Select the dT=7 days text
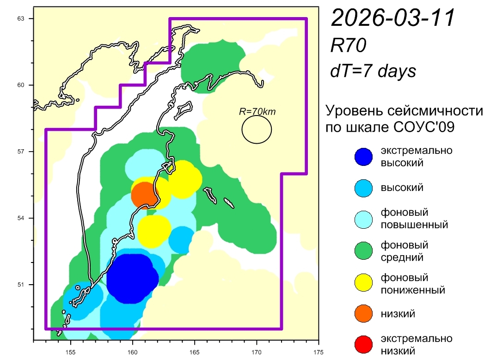coord(373,71)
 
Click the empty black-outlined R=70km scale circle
coord(257,129)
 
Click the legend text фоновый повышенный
coord(414,219)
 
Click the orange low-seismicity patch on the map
coord(144,195)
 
